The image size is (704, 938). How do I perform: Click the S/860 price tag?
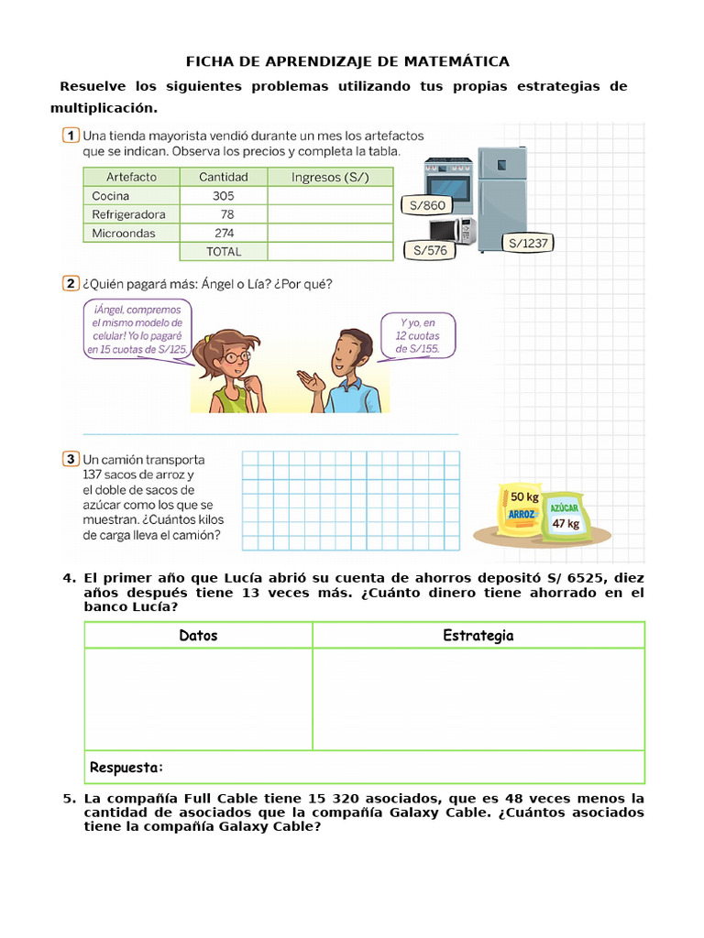coord(428,205)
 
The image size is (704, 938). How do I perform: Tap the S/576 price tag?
coord(430,249)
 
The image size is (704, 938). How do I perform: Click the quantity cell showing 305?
coord(224,196)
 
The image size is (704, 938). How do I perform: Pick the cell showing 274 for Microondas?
coord(224,233)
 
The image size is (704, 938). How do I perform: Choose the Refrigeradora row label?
coord(129,214)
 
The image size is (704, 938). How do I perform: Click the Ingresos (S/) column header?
coord(330,177)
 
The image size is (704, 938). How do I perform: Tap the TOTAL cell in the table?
coord(224,252)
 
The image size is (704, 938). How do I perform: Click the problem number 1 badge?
coord(71,136)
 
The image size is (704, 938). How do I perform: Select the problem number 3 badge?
coord(71,458)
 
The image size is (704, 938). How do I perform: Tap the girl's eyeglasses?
coord(236,355)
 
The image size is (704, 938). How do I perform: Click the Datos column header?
coord(198,636)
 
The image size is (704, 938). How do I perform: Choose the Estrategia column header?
coord(478,636)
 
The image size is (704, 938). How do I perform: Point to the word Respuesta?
coord(126,767)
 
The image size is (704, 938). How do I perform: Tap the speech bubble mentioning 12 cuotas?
coord(417,335)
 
